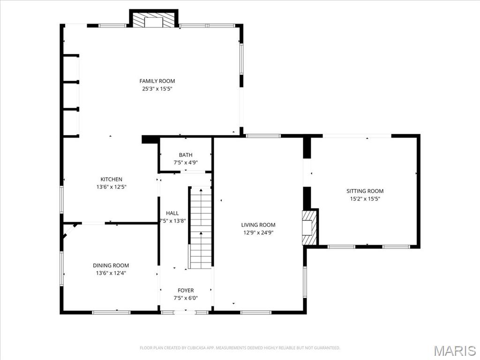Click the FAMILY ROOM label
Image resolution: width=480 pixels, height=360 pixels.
click(x=157, y=81)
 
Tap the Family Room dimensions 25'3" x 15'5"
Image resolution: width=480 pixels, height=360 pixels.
click(x=157, y=89)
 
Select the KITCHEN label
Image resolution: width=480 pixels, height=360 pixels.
click(x=111, y=179)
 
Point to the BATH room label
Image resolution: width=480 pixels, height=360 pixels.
click(x=186, y=155)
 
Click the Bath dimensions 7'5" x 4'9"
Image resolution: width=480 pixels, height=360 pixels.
click(x=186, y=163)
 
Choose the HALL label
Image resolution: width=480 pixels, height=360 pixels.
click(x=172, y=213)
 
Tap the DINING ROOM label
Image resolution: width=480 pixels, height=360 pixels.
click(x=111, y=265)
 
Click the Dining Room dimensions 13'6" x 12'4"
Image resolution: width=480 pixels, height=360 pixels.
click(x=111, y=273)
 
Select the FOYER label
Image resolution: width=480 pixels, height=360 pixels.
click(x=186, y=291)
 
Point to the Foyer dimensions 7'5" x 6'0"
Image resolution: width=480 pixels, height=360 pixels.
click(x=186, y=298)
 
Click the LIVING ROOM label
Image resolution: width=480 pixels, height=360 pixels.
click(x=258, y=225)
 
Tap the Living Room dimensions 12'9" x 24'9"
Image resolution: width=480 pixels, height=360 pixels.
click(x=258, y=232)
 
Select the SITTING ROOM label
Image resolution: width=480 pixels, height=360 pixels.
click(x=365, y=191)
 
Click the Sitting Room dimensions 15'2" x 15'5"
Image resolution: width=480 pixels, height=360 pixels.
click(x=365, y=198)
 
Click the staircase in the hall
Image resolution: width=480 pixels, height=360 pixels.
click(x=201, y=228)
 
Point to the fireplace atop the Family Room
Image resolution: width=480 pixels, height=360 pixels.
click(x=153, y=20)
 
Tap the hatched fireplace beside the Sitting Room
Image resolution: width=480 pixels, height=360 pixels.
click(x=309, y=227)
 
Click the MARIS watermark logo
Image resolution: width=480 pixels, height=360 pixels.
click(x=455, y=350)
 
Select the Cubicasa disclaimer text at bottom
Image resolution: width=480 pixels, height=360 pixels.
click(x=240, y=348)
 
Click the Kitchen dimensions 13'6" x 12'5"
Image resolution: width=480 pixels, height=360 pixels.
click(x=111, y=187)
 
